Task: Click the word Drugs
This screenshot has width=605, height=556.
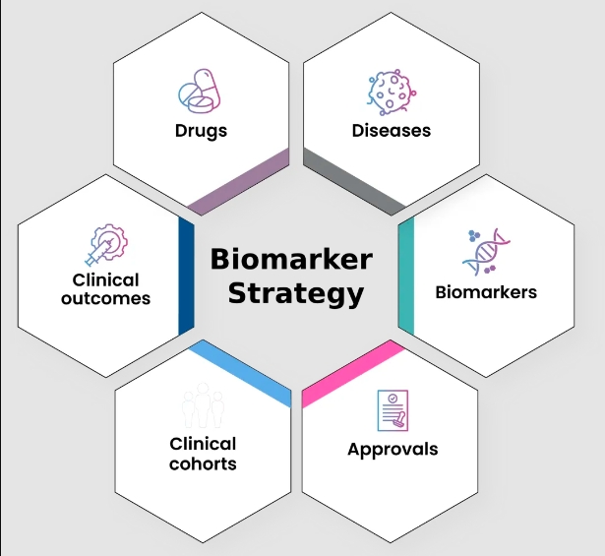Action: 201,131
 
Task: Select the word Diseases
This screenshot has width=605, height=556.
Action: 391,131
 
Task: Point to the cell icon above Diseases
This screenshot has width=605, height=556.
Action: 390,92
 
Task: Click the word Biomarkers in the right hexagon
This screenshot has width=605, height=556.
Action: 486,292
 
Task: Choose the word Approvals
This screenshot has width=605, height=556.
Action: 393,450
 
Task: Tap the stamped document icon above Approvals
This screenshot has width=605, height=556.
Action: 392,410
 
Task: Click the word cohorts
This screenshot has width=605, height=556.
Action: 203,463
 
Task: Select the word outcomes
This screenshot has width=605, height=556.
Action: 105,298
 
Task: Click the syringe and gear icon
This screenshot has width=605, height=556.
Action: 105,245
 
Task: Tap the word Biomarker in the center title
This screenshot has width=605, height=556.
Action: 292,260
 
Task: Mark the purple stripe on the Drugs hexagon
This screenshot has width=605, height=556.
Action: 239,183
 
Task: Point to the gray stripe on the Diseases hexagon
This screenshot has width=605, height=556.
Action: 353,183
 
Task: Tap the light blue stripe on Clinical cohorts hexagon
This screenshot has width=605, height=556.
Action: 239,373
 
